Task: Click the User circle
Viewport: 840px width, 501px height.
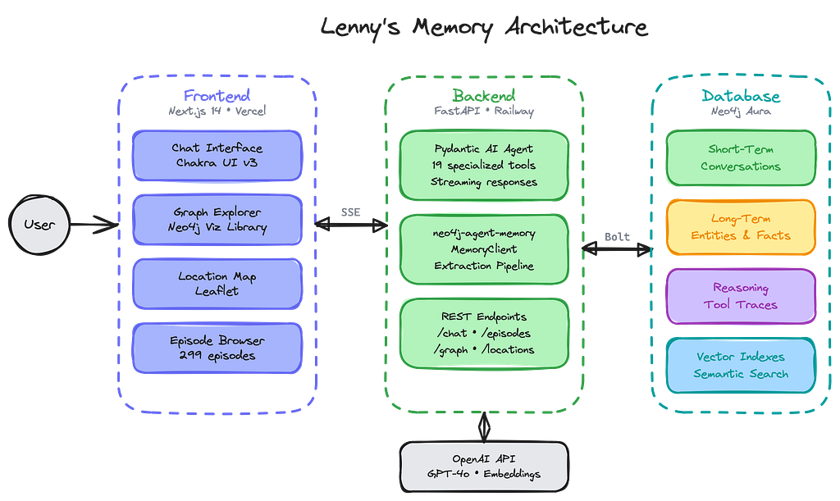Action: coord(39,224)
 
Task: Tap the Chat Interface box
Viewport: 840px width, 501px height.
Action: coord(217,156)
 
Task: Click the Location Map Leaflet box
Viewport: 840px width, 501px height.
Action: coord(217,284)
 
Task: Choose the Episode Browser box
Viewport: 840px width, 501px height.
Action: coord(217,348)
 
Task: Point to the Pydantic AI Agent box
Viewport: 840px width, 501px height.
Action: coord(483,165)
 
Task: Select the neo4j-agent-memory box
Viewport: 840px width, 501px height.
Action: coord(483,250)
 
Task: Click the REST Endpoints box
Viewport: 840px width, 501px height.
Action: coord(483,333)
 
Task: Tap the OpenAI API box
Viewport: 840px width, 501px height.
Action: coord(483,466)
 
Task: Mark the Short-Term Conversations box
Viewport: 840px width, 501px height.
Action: coord(740,157)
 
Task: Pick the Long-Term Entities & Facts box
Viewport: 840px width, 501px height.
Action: coord(740,227)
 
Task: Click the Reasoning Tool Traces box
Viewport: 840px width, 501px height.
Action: coord(740,296)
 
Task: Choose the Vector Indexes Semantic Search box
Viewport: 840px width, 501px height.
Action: coord(740,366)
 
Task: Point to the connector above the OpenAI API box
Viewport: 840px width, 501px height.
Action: coord(483,426)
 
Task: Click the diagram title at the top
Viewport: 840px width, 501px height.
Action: coord(484,30)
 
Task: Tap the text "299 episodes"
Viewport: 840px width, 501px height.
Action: coord(217,356)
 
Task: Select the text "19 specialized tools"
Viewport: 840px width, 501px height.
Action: coord(483,165)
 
